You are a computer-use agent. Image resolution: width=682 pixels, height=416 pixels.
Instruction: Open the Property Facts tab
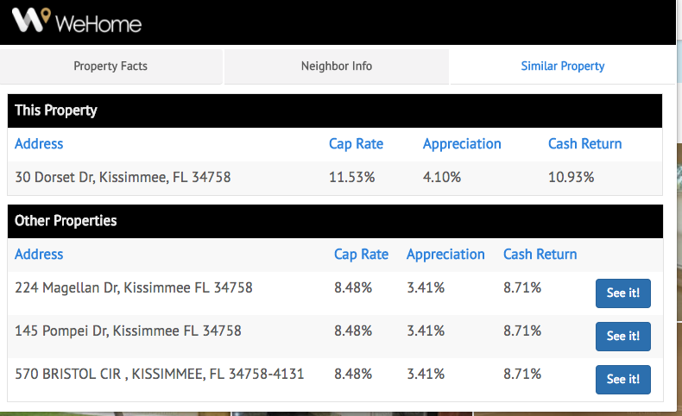coord(111,66)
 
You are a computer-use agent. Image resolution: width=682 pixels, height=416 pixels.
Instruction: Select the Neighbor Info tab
coord(337,66)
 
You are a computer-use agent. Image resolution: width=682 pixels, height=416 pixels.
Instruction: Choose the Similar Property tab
coord(563,66)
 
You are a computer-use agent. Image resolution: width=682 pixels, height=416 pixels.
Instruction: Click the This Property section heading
coord(56,110)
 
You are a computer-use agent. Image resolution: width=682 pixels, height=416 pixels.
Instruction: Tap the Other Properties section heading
coord(66,220)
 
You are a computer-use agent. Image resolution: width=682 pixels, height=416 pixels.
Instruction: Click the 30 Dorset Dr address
coord(123,177)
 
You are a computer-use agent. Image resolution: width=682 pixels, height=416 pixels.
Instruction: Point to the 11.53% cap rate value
coord(352,177)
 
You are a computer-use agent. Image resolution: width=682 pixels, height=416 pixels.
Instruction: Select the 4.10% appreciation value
coord(442,177)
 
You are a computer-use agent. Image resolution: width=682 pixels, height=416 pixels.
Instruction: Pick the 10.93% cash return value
coord(571,177)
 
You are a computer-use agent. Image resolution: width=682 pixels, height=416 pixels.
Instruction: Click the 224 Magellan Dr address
coord(134,287)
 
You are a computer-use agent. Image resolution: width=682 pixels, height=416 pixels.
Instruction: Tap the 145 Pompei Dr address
coord(128,331)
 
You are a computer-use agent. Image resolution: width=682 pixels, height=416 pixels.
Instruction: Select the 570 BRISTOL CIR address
coord(160,374)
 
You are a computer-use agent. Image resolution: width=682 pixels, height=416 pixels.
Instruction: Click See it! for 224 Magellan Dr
coord(622,293)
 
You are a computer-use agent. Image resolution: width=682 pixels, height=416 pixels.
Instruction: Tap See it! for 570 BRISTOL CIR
coord(622,380)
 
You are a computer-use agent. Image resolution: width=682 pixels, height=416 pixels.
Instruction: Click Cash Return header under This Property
coord(584,144)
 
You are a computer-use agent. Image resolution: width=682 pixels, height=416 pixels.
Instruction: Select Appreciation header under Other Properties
coord(445,254)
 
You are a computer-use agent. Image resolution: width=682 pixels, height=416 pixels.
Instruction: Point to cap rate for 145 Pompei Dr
coord(353,331)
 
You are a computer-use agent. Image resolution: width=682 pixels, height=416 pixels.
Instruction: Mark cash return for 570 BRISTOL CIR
coord(522,374)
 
